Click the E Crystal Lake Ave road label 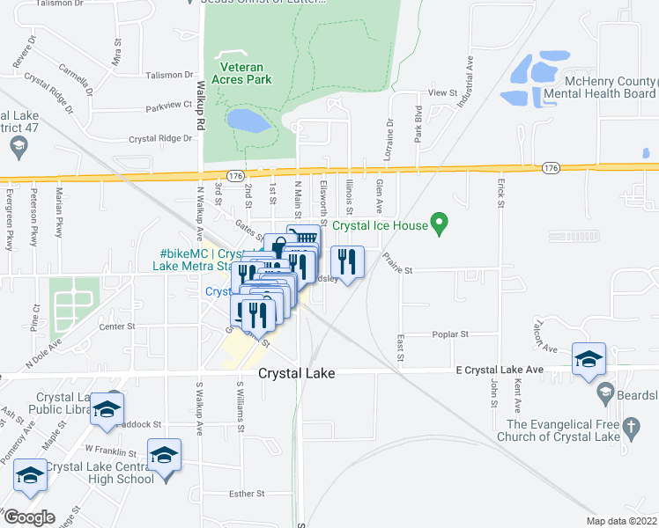tap(495, 371)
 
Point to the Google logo tap(29, 517)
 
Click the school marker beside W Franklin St tap(164, 456)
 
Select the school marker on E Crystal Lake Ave tap(589, 360)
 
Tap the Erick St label tap(500, 194)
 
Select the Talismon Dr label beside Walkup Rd tap(168, 75)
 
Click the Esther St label tap(247, 495)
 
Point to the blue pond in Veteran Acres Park tap(248, 120)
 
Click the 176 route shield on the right tap(551, 167)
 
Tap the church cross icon tap(630, 429)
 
